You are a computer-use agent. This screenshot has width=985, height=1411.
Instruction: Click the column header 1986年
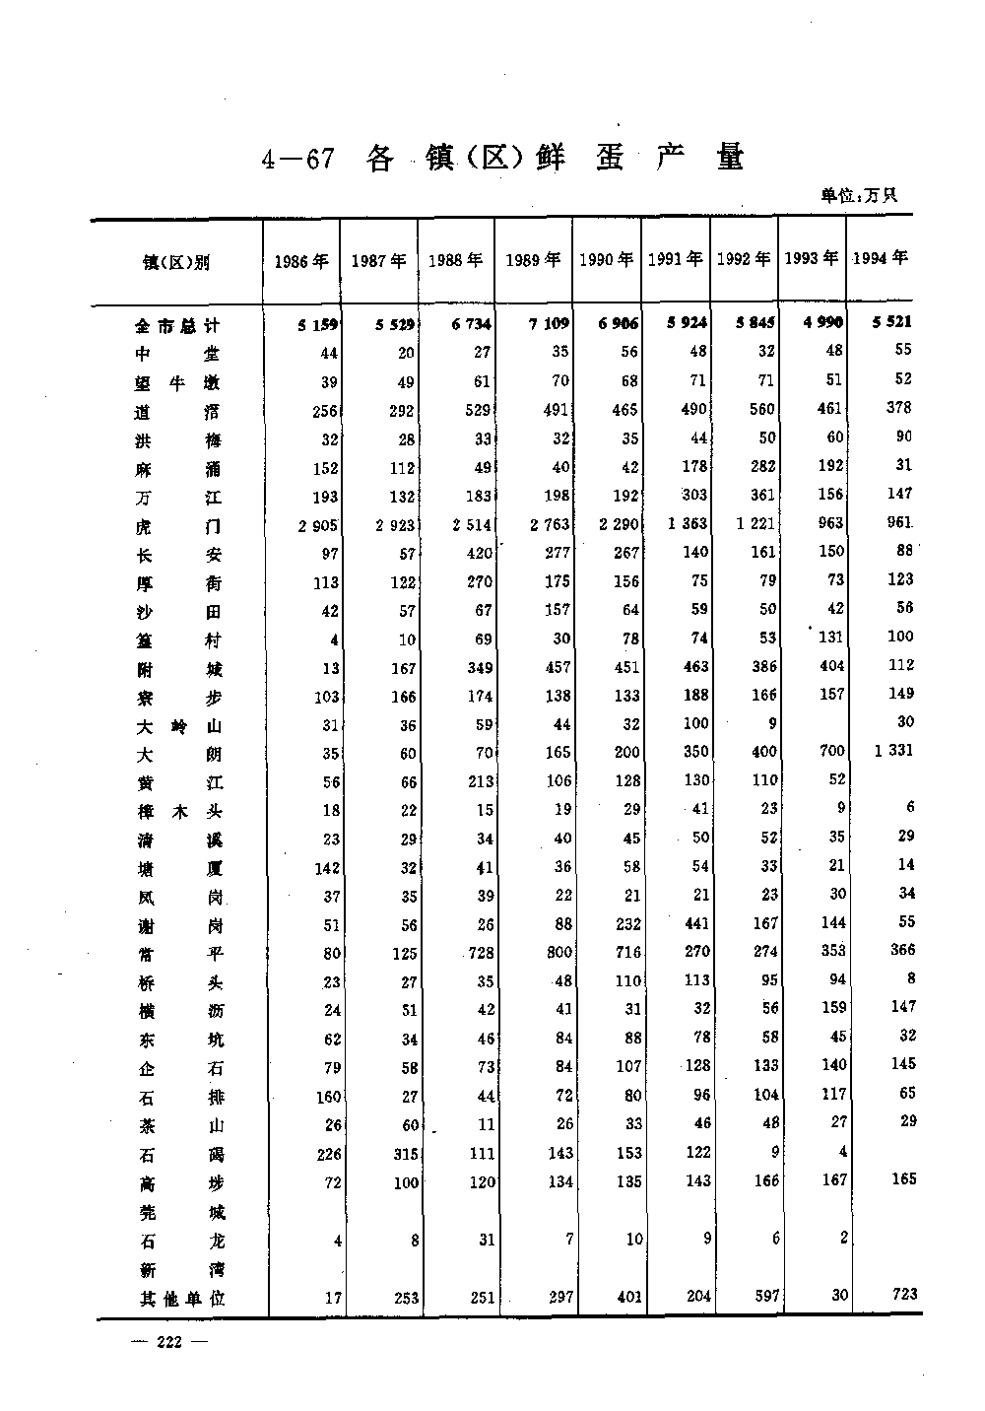tap(300, 261)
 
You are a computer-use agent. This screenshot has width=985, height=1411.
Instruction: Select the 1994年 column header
tap(880, 258)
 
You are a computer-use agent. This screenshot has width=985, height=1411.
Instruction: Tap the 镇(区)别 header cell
tap(176, 262)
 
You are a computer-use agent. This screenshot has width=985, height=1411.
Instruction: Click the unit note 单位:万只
tap(859, 195)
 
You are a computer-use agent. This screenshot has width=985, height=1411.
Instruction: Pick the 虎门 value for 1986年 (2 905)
tap(318, 526)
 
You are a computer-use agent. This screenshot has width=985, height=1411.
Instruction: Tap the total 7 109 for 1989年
tap(549, 323)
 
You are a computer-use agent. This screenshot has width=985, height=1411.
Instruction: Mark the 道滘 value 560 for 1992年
tap(761, 409)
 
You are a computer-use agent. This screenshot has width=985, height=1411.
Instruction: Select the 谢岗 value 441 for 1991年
tap(695, 923)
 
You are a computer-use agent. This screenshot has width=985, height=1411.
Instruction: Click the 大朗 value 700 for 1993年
tap(832, 751)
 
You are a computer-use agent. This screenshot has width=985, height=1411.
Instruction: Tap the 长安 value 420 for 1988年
tap(480, 554)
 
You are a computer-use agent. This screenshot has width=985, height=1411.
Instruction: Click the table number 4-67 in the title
tap(298, 160)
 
